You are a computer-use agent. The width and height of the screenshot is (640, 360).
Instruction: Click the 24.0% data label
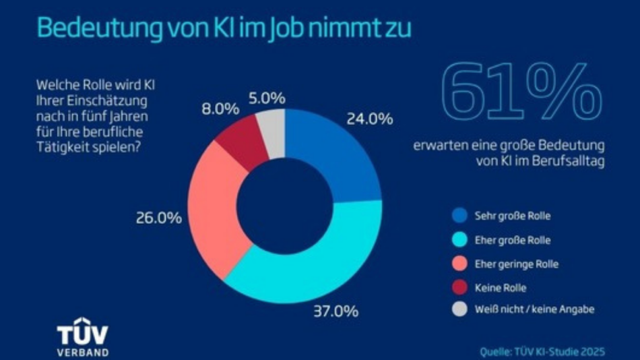[369, 119]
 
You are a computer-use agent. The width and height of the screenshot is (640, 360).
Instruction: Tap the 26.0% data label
[159, 218]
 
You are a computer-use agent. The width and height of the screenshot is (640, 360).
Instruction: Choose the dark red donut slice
[240, 141]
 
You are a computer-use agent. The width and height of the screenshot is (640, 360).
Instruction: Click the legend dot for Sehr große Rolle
[459, 217]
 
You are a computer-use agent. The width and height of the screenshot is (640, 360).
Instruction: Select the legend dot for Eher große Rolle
[459, 241]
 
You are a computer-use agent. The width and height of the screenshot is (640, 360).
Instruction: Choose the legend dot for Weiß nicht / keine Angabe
[459, 310]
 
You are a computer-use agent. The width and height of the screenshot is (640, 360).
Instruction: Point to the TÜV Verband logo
[82, 336]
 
